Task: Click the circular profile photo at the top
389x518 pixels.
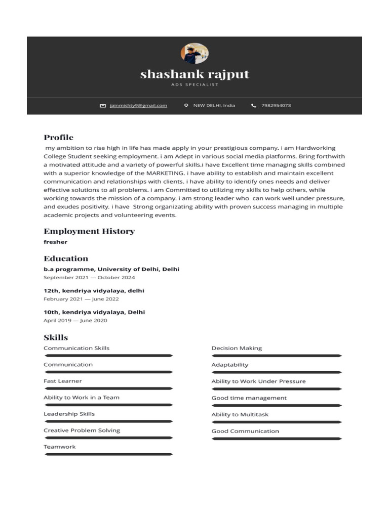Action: [194, 53]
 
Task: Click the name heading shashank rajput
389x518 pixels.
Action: [194, 74]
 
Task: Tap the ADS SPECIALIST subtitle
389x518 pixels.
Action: [194, 85]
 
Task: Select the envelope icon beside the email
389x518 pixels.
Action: [103, 106]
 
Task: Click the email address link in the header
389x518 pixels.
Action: [138, 106]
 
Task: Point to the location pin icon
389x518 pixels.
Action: [186, 106]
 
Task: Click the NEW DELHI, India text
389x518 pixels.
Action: [214, 106]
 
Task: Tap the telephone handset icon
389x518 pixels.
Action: [254, 106]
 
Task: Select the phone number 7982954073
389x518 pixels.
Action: [276, 106]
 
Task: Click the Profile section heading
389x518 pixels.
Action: [58, 138]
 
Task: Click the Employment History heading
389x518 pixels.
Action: [89, 231]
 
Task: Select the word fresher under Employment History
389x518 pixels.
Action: [55, 242]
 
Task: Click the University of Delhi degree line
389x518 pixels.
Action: [111, 269]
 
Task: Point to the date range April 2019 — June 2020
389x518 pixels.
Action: [75, 320]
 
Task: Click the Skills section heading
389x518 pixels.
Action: [56, 337]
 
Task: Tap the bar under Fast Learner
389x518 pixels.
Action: [108, 388]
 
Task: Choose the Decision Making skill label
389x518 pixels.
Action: [237, 348]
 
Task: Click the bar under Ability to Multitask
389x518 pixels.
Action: [277, 422]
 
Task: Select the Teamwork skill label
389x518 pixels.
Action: [59, 447]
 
